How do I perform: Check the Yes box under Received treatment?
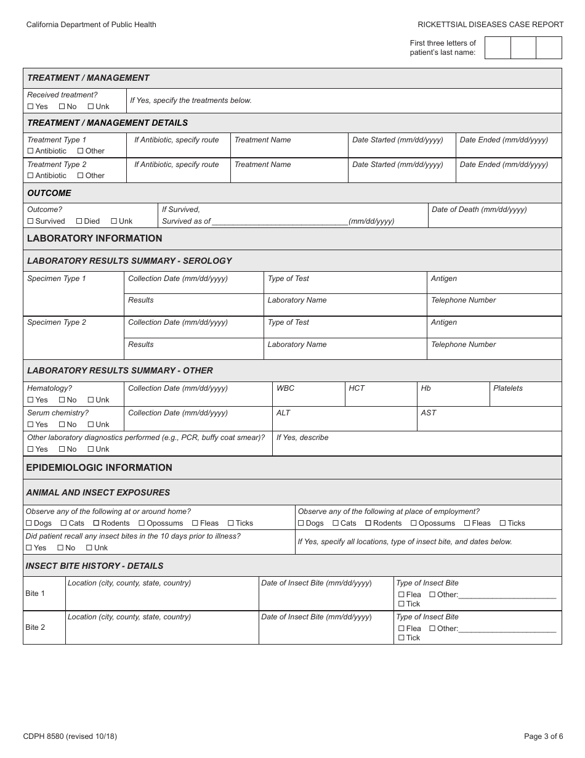(30, 107)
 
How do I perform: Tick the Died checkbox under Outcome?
(79, 221)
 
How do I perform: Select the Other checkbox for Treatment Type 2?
(80, 176)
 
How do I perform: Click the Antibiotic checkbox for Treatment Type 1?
(30, 151)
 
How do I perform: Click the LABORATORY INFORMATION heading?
(94, 238)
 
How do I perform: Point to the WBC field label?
(285, 388)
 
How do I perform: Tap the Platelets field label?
(507, 388)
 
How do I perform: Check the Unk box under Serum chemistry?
(91, 425)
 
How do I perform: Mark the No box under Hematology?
(62, 400)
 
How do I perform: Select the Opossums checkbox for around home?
(142, 523)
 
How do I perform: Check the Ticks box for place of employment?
(502, 523)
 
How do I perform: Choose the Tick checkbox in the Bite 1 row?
(401, 604)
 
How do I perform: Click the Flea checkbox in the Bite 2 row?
(401, 629)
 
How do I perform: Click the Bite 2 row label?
(35, 627)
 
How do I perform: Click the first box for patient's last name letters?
(498, 47)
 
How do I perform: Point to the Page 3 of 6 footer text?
(543, 736)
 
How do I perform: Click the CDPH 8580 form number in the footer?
(70, 736)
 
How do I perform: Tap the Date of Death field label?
(479, 210)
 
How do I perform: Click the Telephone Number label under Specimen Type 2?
(463, 344)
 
